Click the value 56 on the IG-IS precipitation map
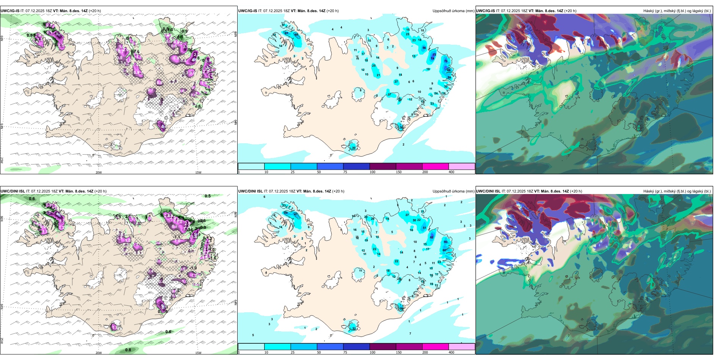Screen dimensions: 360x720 pyautogui.click(x=424, y=48)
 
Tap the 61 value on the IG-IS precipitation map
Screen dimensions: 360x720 pyautogui.click(x=286, y=33)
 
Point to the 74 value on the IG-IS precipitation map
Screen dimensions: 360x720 pyautogui.click(x=432, y=58)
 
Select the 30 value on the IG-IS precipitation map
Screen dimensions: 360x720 pyautogui.click(x=354, y=148)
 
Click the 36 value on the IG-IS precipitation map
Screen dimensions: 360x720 pyautogui.click(x=402, y=128)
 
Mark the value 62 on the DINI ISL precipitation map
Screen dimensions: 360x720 pyautogui.click(x=432, y=237)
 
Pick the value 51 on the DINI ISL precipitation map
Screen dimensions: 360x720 pyautogui.click(x=424, y=228)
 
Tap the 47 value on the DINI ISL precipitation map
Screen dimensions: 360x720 pyautogui.click(x=296, y=214)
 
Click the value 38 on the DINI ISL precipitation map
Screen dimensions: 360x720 pyautogui.click(x=401, y=308)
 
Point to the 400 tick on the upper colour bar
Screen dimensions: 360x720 pyautogui.click(x=451, y=172)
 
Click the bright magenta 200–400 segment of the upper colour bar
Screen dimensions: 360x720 pyautogui.click(x=435, y=166)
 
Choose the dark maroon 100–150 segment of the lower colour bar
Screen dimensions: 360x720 pyautogui.click(x=382, y=347)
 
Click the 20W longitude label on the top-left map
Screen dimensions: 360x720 pyautogui.click(x=99, y=172)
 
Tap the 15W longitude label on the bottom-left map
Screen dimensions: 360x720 pyautogui.click(x=198, y=353)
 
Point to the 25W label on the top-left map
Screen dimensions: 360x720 pyautogui.click(x=2, y=160)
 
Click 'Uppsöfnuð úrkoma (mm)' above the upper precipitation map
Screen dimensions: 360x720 pyautogui.click(x=453, y=11)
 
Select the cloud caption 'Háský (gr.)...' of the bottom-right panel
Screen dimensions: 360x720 pyautogui.click(x=677, y=191)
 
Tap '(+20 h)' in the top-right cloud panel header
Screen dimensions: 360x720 pyautogui.click(x=570, y=11)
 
